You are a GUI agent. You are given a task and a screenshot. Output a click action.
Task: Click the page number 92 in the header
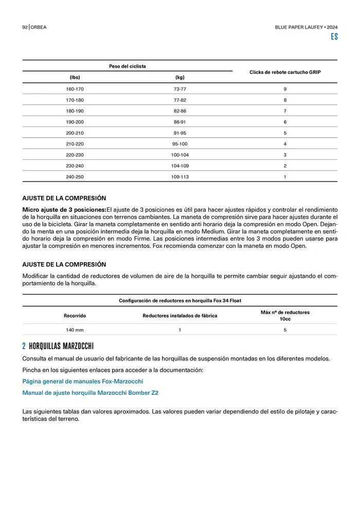tap(25, 27)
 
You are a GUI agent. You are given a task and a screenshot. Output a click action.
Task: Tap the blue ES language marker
tap(334, 37)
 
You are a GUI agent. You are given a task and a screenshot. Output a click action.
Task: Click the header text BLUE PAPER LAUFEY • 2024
tap(306, 27)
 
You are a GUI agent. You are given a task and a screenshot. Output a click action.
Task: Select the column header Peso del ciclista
tap(127, 66)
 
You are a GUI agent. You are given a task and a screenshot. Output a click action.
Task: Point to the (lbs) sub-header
tap(75, 77)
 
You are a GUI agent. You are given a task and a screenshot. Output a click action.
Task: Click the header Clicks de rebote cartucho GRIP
tap(285, 72)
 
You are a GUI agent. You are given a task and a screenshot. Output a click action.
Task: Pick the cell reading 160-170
tap(75, 89)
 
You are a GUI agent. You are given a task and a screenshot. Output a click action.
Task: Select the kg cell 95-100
tap(179, 144)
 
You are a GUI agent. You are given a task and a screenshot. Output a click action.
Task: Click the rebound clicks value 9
tap(285, 89)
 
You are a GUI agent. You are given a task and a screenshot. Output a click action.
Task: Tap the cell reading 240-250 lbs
tap(75, 176)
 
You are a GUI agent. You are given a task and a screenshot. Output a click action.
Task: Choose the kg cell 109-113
tap(179, 176)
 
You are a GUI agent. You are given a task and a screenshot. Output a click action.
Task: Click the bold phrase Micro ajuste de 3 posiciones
tap(64, 209)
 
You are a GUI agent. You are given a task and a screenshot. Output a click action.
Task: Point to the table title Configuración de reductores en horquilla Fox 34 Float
tap(179, 300)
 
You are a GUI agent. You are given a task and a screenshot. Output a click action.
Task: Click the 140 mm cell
tap(75, 330)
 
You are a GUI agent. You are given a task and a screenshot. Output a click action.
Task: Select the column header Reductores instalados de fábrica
tap(179, 316)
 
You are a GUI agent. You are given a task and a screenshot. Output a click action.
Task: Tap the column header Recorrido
tap(75, 316)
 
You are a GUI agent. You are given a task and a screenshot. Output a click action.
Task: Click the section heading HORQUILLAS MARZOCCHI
tap(61, 346)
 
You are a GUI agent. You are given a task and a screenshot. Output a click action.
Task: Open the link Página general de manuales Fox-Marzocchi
tap(82, 381)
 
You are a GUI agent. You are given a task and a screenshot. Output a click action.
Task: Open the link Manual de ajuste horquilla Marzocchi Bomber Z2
tap(90, 393)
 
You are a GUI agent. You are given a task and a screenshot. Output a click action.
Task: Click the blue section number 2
tap(24, 346)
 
